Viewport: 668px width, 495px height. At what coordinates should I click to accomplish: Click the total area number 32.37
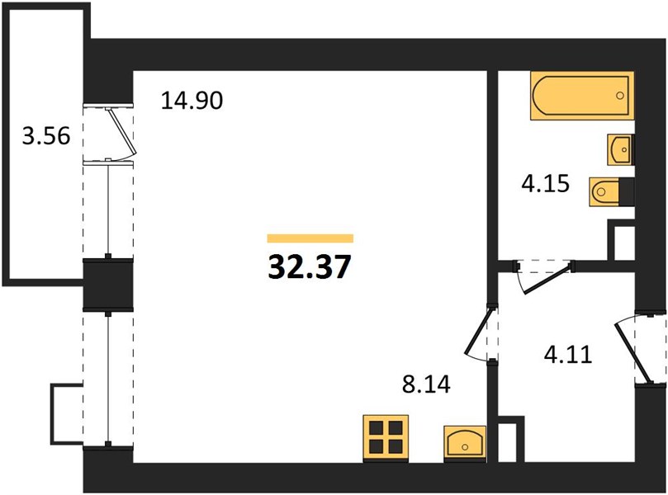(x=310, y=267)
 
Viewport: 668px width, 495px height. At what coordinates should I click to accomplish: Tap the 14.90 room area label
(x=192, y=101)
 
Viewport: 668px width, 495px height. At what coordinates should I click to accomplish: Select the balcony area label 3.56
(x=46, y=137)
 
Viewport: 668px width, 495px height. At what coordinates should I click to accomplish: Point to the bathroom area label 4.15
(x=546, y=184)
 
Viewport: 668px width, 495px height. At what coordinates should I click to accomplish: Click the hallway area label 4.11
(x=568, y=355)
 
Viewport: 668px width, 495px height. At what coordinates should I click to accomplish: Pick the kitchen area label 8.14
(x=426, y=384)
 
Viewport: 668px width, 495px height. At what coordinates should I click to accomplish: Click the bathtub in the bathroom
(x=582, y=96)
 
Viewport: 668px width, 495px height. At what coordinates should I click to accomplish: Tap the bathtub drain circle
(x=620, y=96)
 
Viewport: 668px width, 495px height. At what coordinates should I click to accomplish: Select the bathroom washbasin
(x=621, y=150)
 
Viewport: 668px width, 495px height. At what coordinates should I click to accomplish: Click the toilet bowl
(x=605, y=192)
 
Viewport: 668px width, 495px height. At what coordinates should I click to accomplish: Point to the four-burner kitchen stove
(x=386, y=438)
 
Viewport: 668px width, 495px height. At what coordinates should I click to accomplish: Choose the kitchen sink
(x=465, y=443)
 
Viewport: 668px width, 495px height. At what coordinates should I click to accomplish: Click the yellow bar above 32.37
(x=310, y=238)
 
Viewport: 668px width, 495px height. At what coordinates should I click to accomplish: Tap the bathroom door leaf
(x=547, y=280)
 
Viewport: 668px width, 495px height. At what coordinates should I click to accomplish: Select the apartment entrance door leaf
(x=633, y=353)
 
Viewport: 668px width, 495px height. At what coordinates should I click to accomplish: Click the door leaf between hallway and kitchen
(x=478, y=331)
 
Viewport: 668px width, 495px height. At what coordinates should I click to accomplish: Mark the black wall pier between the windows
(x=108, y=284)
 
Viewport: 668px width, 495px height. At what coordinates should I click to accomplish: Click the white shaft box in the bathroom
(x=624, y=243)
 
